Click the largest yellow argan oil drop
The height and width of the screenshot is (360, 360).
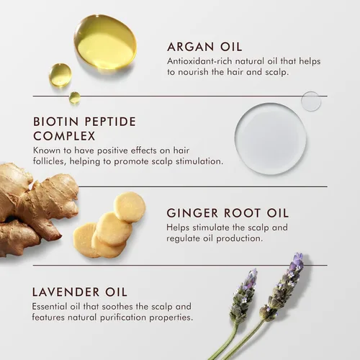[105, 42]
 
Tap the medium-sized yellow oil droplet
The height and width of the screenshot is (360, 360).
[60, 75]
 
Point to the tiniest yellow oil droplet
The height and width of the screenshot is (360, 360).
[75, 97]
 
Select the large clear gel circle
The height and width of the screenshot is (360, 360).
[271, 138]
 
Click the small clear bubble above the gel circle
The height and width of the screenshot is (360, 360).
[311, 102]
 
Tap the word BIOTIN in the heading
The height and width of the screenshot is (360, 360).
[56, 122]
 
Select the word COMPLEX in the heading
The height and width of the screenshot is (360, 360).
[64, 136]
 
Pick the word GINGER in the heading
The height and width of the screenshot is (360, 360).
[192, 213]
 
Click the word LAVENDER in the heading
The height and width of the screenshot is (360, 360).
[66, 292]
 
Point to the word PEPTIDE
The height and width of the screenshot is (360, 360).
[110, 122]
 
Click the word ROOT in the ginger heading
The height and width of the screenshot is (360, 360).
[243, 213]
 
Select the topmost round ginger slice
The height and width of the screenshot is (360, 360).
[130, 207]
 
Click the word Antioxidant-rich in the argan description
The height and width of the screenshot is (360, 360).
[199, 61]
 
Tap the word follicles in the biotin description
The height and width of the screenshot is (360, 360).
[50, 161]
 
